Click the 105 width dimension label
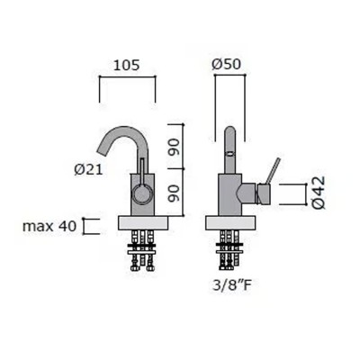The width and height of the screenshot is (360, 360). click(126, 65)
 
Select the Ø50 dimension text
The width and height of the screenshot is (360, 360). click(227, 64)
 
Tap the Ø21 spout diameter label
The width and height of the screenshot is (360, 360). click(88, 170)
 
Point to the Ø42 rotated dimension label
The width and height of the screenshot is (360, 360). click(318, 193)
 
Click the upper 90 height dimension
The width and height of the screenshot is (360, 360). click(174, 147)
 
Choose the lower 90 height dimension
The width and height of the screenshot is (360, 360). click(174, 193)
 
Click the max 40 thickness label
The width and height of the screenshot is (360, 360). click(49, 226)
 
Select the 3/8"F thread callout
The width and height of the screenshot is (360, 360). click(231, 285)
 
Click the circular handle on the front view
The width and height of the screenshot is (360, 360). click(142, 193)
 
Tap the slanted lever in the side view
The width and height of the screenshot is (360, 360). click(273, 170)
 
